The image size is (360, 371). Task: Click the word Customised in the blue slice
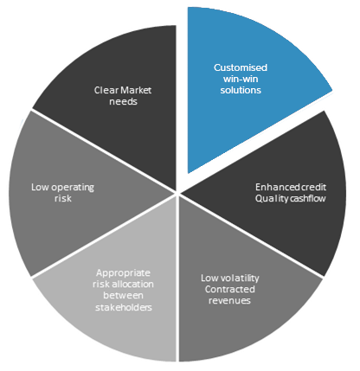[241, 67]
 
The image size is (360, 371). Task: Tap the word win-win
[241, 79]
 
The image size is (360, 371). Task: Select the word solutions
[241, 90]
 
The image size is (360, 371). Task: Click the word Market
[135, 90]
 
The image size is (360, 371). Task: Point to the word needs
[123, 101]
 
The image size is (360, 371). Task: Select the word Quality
[272, 199]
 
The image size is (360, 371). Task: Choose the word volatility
[240, 278]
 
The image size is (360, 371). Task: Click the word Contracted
[230, 290]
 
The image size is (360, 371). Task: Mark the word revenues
[229, 301]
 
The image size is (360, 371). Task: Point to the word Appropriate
[123, 273]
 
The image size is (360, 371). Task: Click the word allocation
[132, 285]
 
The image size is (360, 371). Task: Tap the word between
[123, 296]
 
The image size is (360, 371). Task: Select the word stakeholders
[124, 307]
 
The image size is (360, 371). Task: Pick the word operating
[73, 188]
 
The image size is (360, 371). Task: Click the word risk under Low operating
[63, 199]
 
